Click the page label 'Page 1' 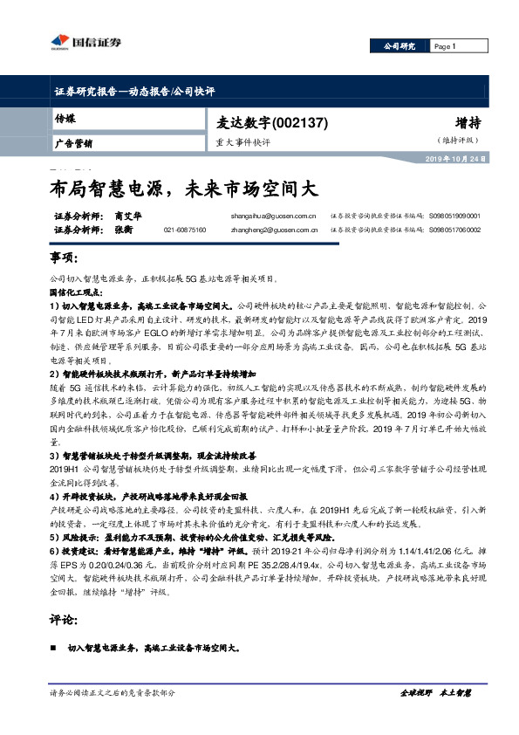click(x=445, y=46)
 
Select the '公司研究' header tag click(x=399, y=46)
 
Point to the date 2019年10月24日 click(x=454, y=160)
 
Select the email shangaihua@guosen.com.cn click(x=272, y=214)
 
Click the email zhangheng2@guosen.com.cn click(x=272, y=230)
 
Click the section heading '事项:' click(x=64, y=259)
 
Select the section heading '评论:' click(x=64, y=621)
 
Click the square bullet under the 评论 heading click(x=56, y=649)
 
